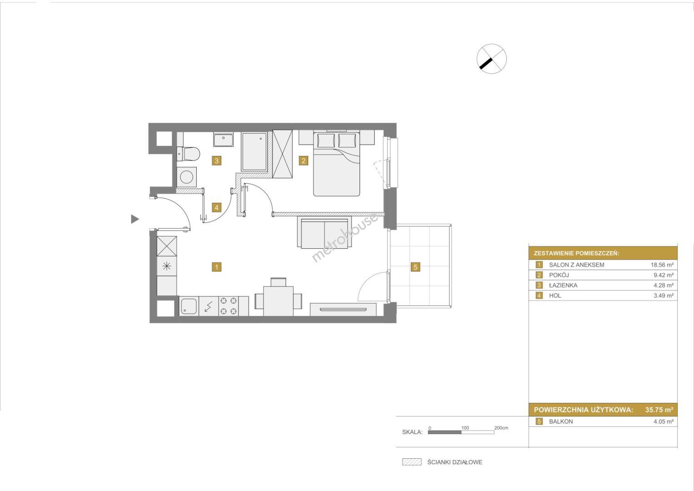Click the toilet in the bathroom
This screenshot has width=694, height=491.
click(188, 154)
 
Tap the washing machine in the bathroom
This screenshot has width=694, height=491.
click(186, 177)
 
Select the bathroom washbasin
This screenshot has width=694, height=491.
click(224, 140)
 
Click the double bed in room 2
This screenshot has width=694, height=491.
click(336, 164)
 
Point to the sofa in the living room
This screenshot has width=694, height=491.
click(325, 232)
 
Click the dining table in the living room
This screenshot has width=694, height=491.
click(278, 301)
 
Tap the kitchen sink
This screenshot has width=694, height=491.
click(189, 306)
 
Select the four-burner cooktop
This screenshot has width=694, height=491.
click(228, 306)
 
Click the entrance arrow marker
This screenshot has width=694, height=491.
click(135, 219)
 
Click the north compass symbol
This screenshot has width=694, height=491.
click(491, 59)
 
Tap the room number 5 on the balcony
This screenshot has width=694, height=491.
click(415, 267)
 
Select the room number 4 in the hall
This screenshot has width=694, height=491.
click(217, 207)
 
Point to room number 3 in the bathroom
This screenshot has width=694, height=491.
click(217, 160)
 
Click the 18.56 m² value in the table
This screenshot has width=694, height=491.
click(662, 265)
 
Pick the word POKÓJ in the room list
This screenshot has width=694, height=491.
click(559, 275)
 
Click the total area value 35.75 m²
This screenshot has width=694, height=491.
click(659, 410)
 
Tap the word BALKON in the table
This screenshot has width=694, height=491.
click(561, 421)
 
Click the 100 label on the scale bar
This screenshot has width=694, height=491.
click(465, 428)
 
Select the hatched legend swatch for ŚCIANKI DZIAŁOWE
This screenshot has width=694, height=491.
click(412, 462)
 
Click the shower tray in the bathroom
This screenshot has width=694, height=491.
click(255, 151)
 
